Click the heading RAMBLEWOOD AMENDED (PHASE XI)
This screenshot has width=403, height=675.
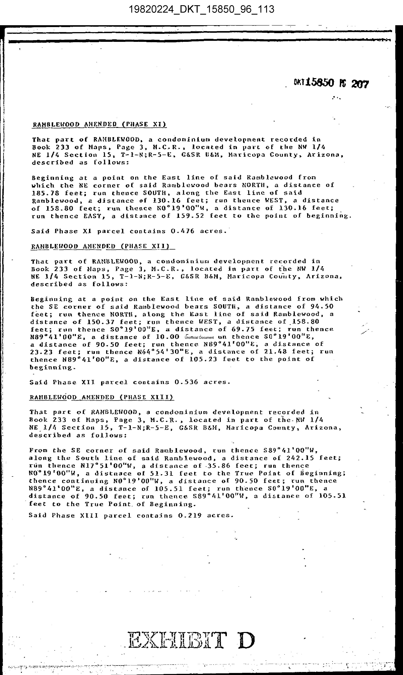(x=99, y=125)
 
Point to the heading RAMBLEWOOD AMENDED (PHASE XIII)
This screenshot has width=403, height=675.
(x=101, y=397)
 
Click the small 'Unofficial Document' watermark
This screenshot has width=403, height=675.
(x=199, y=337)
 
